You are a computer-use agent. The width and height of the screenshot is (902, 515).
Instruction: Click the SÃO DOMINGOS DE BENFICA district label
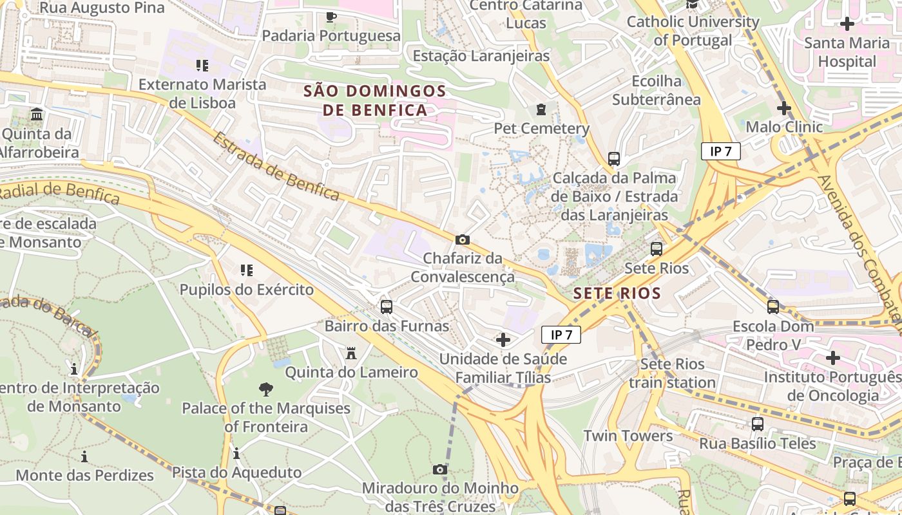pyautogui.click(x=374, y=100)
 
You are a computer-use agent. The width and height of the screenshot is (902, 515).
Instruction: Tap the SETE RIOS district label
pyautogui.click(x=617, y=293)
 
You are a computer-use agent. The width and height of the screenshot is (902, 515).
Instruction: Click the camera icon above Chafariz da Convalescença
pyautogui.click(x=462, y=240)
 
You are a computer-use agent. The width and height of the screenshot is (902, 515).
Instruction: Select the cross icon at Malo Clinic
pyautogui.click(x=783, y=108)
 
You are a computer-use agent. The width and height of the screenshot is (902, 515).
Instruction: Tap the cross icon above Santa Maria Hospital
pyautogui.click(x=847, y=24)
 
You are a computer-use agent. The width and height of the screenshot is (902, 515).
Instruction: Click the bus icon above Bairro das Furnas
pyautogui.click(x=387, y=307)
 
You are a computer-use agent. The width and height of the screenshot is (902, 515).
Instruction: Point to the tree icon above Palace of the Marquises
pyautogui.click(x=265, y=389)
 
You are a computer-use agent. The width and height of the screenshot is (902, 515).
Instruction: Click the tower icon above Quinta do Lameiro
pyautogui.click(x=351, y=353)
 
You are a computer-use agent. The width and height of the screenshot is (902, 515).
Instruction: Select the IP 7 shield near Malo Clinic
pyautogui.click(x=720, y=152)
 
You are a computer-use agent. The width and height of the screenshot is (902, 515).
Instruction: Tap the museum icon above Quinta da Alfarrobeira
pyautogui.click(x=37, y=115)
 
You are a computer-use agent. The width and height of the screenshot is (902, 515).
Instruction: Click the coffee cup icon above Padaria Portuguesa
pyautogui.click(x=331, y=17)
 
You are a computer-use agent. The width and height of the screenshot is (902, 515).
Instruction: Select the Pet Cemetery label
pyautogui.click(x=541, y=128)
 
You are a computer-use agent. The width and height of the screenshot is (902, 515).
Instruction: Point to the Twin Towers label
pyautogui.click(x=628, y=436)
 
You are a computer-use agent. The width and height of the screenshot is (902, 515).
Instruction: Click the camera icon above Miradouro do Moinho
pyautogui.click(x=440, y=469)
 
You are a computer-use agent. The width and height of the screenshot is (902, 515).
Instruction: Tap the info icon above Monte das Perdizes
pyautogui.click(x=84, y=456)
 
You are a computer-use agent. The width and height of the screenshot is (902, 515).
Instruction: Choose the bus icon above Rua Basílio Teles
pyautogui.click(x=758, y=424)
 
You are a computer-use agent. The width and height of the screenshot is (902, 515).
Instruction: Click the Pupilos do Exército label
pyautogui.click(x=246, y=290)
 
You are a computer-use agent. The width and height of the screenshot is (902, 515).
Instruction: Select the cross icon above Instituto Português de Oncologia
pyautogui.click(x=832, y=357)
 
